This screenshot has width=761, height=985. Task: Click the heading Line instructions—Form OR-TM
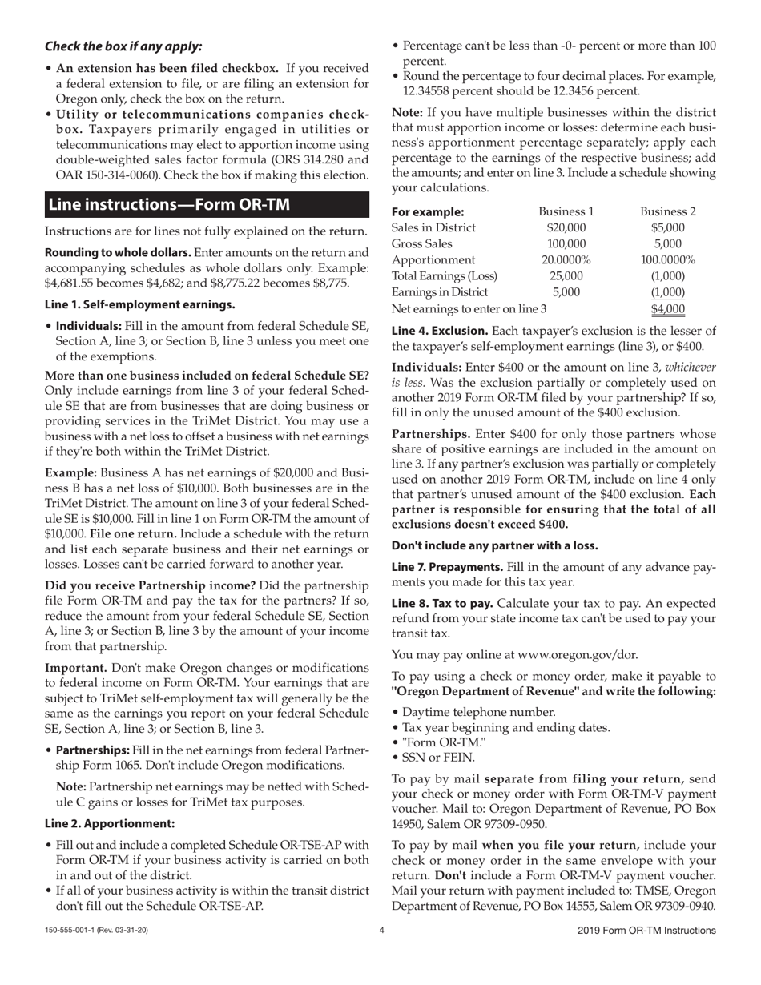tap(169, 204)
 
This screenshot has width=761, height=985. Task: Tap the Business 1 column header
tap(566, 212)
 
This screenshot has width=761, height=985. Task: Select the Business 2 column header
tap(668, 212)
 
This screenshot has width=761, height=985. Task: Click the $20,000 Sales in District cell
tap(566, 228)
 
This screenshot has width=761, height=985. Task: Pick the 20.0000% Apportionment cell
tap(566, 260)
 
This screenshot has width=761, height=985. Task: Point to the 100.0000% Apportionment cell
tap(668, 260)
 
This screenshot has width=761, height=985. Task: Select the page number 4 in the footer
tap(381, 931)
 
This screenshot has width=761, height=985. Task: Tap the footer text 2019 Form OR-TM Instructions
tap(646, 931)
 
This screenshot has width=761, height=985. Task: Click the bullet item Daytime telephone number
tap(478, 712)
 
